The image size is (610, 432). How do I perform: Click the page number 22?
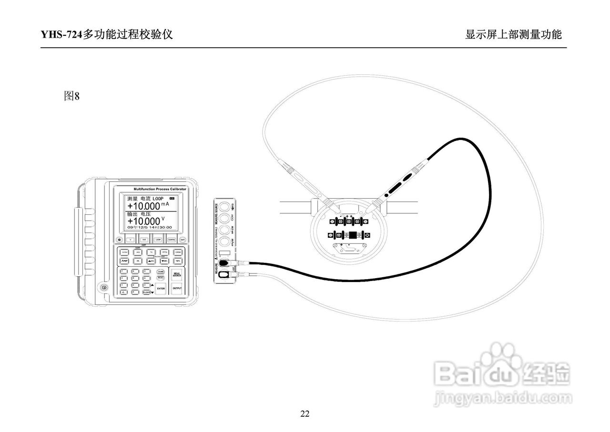(305, 413)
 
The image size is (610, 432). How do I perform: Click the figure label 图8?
(71, 96)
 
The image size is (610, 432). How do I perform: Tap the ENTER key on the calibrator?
(161, 288)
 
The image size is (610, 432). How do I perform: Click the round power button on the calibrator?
(103, 288)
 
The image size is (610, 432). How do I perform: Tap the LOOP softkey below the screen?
(158, 240)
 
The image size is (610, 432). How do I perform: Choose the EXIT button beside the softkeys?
(183, 240)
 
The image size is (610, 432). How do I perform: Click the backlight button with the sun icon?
(119, 240)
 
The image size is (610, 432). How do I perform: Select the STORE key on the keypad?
(161, 271)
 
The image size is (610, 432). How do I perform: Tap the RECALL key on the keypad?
(161, 278)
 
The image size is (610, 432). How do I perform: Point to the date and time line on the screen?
(150, 228)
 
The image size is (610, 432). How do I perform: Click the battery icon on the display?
(172, 199)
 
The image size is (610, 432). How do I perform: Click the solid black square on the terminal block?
(353, 235)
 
